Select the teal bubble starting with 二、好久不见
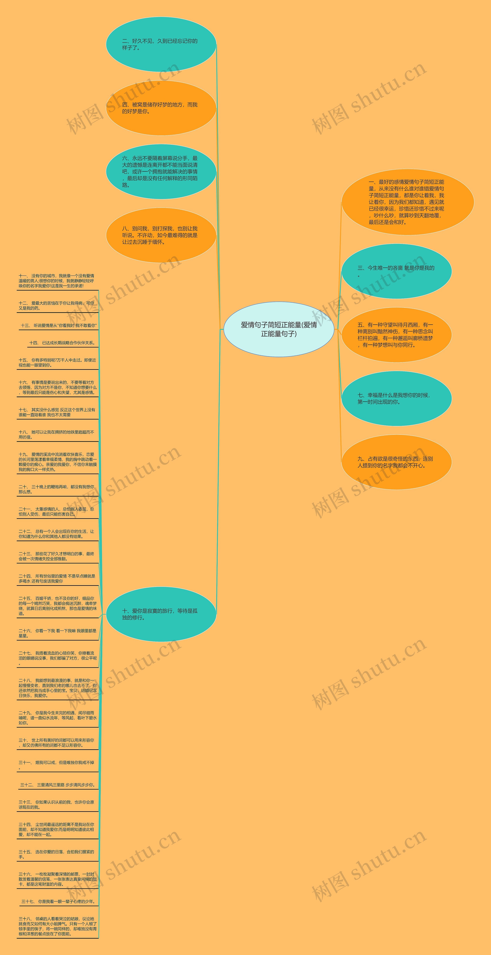point(161,45)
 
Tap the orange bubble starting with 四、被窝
point(161,108)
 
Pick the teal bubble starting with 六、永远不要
point(161,172)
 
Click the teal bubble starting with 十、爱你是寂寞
point(161,614)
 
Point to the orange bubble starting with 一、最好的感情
point(407,202)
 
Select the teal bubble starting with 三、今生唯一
point(396,271)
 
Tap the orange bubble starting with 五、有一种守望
point(396,335)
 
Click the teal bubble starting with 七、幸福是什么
point(396,399)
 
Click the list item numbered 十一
point(57,281)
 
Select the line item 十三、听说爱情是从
point(58,325)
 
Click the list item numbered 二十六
point(57,633)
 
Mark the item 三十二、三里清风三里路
point(58,785)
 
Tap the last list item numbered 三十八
point(57,926)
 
